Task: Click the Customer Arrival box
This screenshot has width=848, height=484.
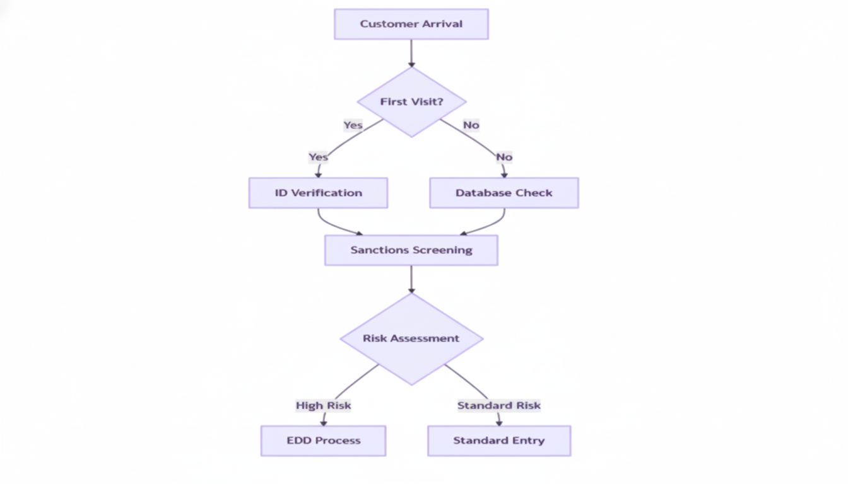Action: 411,24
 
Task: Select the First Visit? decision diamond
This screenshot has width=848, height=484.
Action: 411,101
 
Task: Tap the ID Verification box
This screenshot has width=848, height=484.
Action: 318,193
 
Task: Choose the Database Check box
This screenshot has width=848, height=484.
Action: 503,193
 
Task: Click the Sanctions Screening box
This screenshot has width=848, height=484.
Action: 411,250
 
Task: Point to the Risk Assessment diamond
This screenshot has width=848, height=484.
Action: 411,338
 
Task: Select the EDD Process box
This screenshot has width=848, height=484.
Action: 323,441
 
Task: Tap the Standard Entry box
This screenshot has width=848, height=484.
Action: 498,441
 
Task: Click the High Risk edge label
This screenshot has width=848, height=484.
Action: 323,405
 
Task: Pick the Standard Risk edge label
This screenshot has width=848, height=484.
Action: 498,405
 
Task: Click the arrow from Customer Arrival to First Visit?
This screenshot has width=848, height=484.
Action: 411,53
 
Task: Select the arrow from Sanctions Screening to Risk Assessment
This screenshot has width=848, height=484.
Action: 411,279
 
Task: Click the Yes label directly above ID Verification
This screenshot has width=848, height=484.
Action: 318,156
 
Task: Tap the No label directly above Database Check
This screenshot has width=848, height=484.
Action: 503,156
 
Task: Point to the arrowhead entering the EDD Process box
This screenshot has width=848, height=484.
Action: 324,422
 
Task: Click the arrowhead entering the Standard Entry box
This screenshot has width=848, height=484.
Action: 499,422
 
